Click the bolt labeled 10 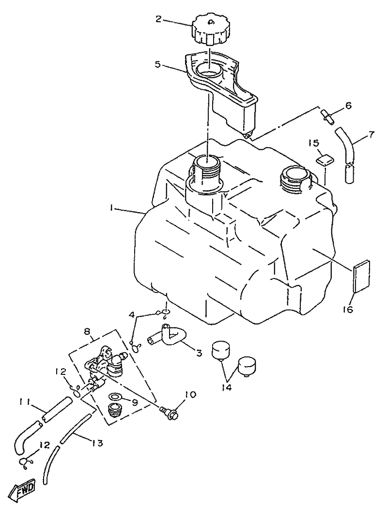169,413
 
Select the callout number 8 88,332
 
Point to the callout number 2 158,19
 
